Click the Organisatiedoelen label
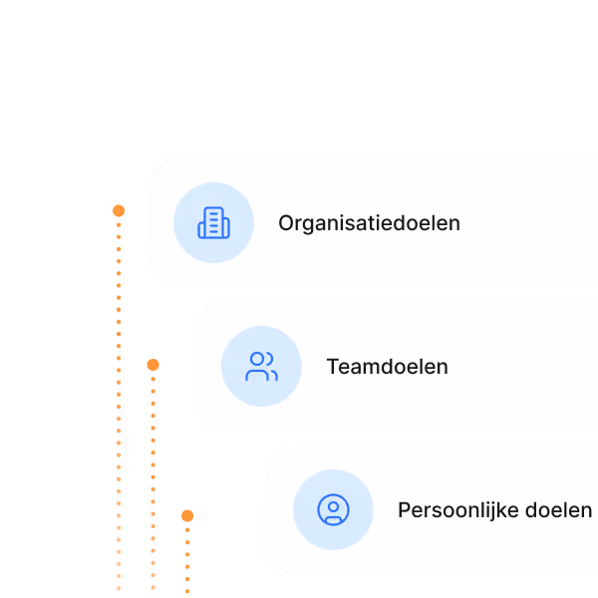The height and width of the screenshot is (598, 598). [369, 223]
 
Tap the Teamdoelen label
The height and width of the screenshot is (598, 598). [387, 367]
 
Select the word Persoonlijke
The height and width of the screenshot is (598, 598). [452, 510]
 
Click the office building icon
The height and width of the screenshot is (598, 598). [213, 223]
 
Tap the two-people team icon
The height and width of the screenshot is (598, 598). [261, 367]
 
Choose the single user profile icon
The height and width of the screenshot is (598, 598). [333, 510]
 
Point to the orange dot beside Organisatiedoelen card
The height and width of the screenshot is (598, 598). [119, 210]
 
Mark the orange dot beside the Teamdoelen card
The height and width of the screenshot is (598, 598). [152, 365]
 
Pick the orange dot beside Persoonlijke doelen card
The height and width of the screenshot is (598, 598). [187, 515]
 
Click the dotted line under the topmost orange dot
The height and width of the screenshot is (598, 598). [119, 399]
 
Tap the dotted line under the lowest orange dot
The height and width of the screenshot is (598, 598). [187, 558]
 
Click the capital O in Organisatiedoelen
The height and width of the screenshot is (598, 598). [286, 223]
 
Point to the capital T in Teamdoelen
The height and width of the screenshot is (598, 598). [332, 367]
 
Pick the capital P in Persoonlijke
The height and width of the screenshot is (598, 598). [404, 510]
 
